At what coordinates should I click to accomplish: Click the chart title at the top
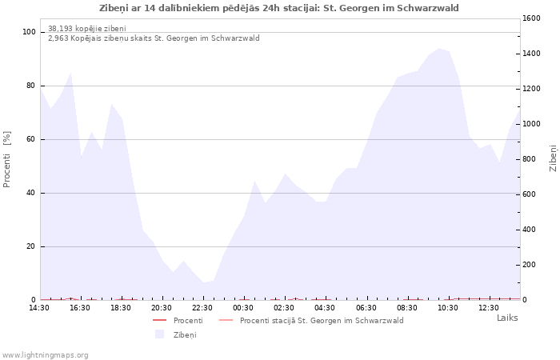[x=279, y=8]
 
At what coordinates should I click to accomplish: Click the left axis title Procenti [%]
[x=7, y=159]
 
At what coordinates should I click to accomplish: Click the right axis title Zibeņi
[x=553, y=158]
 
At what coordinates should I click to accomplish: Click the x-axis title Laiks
[x=506, y=318]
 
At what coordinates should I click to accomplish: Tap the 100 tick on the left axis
[x=30, y=32]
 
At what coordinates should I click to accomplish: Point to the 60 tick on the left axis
[x=32, y=139]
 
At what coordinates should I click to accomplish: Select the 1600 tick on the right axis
[x=530, y=18]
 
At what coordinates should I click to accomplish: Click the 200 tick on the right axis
[x=528, y=265]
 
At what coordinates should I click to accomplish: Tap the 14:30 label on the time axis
[x=39, y=308]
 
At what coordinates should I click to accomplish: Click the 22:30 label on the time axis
[x=202, y=308]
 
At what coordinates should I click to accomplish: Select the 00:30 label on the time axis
[x=243, y=308]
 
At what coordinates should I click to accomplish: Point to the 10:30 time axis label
[x=448, y=308]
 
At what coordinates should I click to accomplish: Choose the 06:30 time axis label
[x=366, y=308]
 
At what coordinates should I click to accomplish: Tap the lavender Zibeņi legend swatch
[x=159, y=334]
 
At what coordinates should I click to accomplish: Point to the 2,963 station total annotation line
[x=154, y=38]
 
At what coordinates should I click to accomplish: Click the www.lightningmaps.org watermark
[x=46, y=355]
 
